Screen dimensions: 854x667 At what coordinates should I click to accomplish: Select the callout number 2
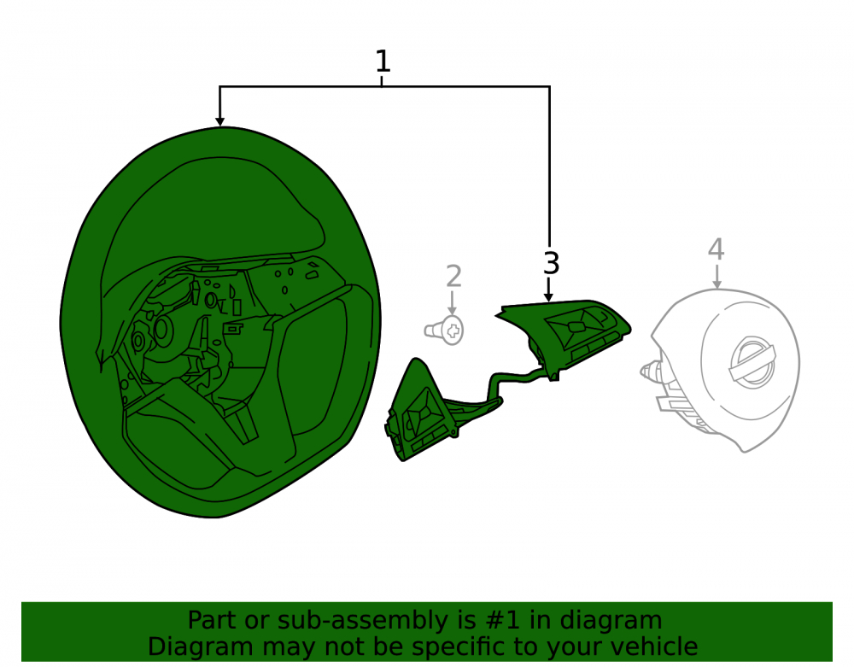(453, 277)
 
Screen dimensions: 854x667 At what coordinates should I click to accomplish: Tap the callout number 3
(551, 263)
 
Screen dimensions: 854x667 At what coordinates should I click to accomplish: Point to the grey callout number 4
(717, 249)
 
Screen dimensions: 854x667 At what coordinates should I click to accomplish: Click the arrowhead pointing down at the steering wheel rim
(219, 121)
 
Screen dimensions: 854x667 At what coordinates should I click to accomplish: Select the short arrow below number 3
(549, 290)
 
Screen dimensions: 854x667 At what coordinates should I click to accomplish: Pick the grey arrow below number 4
(717, 276)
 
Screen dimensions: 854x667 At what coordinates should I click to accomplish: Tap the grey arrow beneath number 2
(452, 303)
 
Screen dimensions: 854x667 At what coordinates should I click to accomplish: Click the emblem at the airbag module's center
(752, 362)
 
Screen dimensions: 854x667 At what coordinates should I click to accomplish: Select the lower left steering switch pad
(418, 411)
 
